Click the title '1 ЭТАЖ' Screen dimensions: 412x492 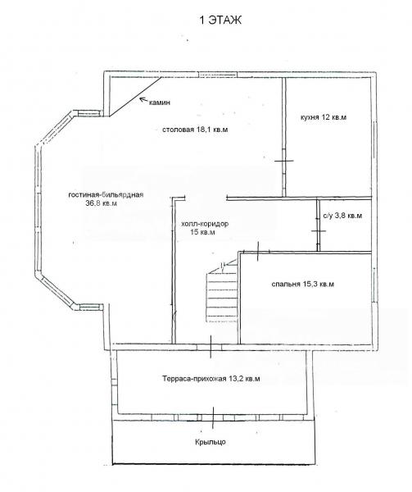(x=220, y=20)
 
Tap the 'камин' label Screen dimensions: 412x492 (x=160, y=102)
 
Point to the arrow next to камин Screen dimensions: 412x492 (x=144, y=100)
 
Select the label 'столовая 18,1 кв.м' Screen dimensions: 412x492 (x=195, y=130)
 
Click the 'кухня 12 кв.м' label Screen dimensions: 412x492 (x=324, y=117)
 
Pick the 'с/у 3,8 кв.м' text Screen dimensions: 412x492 (x=342, y=216)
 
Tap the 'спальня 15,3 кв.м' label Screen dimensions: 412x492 (x=303, y=285)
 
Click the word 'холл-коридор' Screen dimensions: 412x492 (x=205, y=224)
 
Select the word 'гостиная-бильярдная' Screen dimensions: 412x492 (x=106, y=194)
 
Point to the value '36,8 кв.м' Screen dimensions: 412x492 (x=102, y=203)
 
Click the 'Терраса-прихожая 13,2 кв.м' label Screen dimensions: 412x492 (x=211, y=379)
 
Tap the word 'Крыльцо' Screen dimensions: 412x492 (x=211, y=442)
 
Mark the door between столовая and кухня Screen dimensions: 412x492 (x=284, y=161)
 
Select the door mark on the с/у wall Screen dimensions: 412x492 (x=319, y=230)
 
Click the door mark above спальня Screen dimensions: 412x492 (x=258, y=252)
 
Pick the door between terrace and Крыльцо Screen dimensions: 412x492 (x=213, y=417)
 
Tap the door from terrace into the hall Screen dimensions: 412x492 (x=211, y=347)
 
